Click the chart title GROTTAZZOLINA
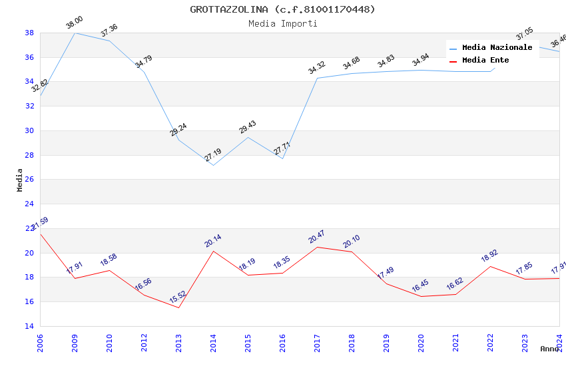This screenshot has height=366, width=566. tap(282, 9)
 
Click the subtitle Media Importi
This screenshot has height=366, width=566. tap(282, 23)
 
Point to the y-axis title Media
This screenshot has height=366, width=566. tap(20, 180)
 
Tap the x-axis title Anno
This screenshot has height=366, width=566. tap(549, 349)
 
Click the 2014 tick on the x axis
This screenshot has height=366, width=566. tap(213, 341)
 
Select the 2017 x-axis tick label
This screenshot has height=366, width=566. tap(317, 341)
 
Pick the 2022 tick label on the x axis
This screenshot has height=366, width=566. tap(490, 341)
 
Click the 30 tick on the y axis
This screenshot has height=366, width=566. tap(29, 130)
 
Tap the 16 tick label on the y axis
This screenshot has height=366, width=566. tap(29, 302)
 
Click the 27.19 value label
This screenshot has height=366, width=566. tap(213, 155)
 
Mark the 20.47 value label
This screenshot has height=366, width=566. tap(316, 236)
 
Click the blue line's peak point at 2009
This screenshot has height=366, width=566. tap(75, 33)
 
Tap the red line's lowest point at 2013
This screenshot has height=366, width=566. tap(178, 307)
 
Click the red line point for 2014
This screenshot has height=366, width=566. tap(213, 251)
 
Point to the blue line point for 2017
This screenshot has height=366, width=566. tap(317, 78)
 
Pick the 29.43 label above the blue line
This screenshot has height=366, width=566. tap(248, 127)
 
